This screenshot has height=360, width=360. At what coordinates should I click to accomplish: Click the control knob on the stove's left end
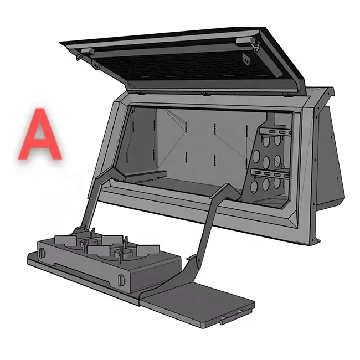pos(42,253)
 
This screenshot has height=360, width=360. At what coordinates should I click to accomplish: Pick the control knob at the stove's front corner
pos(121,279)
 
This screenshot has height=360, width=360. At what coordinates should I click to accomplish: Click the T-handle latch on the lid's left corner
pos(79,56)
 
